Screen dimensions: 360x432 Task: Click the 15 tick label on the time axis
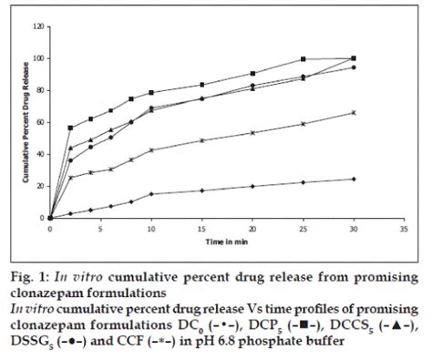pyautogui.click(x=200, y=226)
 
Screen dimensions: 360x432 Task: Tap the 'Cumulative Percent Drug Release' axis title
pyautogui.click(x=22, y=123)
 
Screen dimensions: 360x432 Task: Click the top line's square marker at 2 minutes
pyautogui.click(x=70, y=128)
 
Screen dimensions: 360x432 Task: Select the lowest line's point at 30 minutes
pyautogui.click(x=353, y=179)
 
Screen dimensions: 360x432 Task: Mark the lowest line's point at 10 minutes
pyautogui.click(x=151, y=194)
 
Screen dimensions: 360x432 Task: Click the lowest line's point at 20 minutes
pyautogui.click(x=252, y=186)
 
